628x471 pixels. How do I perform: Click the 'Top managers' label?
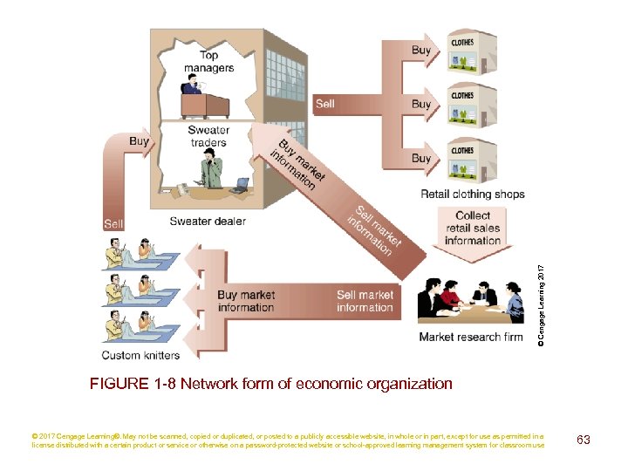pyautogui.click(x=208, y=61)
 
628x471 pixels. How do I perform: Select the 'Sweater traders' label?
pyautogui.click(x=208, y=136)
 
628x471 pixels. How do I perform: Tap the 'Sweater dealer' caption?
pyautogui.click(x=208, y=221)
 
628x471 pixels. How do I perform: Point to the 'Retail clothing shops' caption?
pyautogui.click(x=473, y=194)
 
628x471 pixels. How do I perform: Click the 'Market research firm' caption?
pyautogui.click(x=471, y=337)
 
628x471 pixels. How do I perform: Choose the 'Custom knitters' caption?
pyautogui.click(x=140, y=355)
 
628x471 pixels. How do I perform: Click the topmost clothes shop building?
pyautogui.click(x=471, y=51)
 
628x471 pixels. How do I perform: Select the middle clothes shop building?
pyautogui.click(x=471, y=106)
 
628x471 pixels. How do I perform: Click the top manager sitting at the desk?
pyautogui.click(x=192, y=84)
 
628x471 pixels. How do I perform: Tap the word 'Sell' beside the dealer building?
pyautogui.click(x=325, y=104)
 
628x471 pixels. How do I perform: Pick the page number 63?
pyautogui.click(x=583, y=440)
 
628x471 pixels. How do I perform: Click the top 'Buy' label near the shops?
pyautogui.click(x=421, y=51)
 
